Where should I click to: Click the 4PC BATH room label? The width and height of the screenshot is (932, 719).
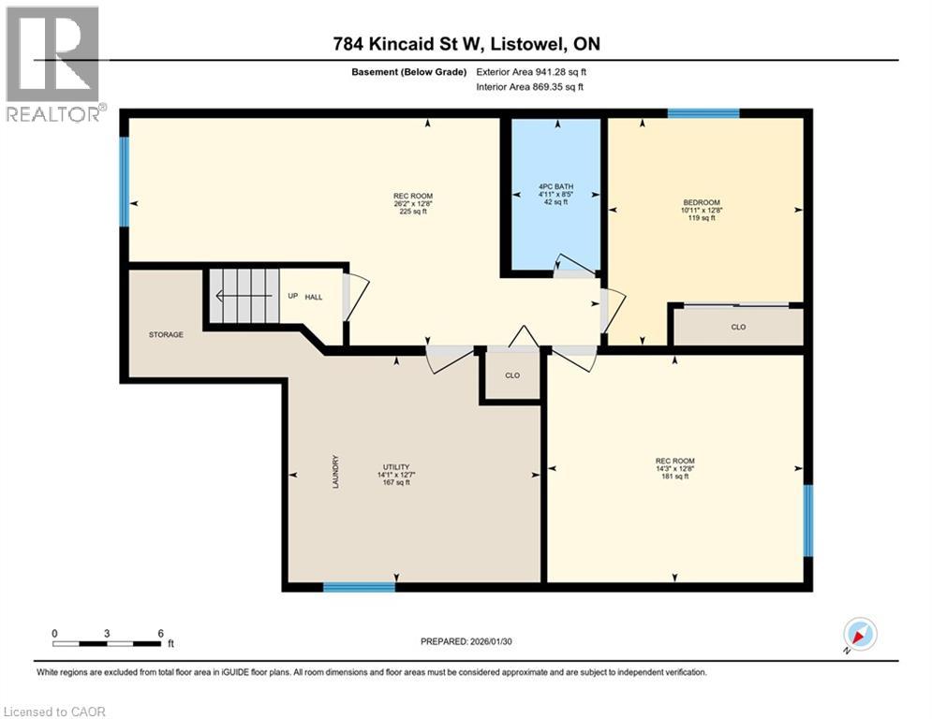[555, 186]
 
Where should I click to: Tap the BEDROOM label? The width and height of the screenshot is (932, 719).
[702, 202]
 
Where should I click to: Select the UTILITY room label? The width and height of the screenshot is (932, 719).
[396, 467]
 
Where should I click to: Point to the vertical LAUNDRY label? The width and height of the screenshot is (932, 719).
[336, 472]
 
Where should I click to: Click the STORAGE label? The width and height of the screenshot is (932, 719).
[166, 334]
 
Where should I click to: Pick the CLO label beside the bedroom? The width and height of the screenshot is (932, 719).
[738, 327]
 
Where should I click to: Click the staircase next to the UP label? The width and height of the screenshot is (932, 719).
[244, 295]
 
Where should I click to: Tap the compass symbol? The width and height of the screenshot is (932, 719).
[860, 635]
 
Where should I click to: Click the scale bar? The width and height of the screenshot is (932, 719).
[107, 643]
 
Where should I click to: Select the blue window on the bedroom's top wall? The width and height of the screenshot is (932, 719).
[703, 113]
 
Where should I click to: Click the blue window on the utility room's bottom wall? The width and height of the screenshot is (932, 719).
[359, 587]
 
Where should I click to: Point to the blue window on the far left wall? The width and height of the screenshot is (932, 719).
[125, 182]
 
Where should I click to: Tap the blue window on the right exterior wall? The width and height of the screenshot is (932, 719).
[808, 521]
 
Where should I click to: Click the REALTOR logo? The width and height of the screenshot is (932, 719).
[53, 64]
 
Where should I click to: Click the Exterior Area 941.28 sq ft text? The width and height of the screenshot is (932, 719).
[531, 72]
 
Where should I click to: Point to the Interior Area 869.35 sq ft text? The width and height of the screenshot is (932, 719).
[529, 87]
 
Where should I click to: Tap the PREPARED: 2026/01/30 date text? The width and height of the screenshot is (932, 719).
[466, 641]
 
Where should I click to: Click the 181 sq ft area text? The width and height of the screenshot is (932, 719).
[674, 476]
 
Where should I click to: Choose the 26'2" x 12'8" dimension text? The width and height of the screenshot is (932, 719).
[413, 203]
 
